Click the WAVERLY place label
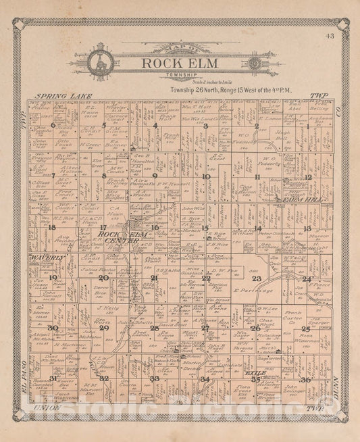pyautogui.click(x=46, y=258)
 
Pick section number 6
pyautogui.click(x=53, y=125)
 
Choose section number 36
pyautogui.click(x=305, y=379)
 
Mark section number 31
pyautogui.click(x=53, y=378)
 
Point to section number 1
pyautogui.click(x=307, y=126)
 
